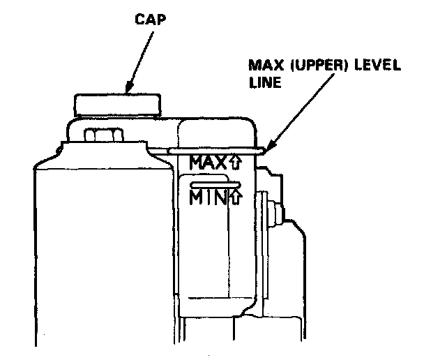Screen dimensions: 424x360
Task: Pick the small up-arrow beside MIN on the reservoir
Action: click(x=235, y=199)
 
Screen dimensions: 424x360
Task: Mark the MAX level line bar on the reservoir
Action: click(x=216, y=149)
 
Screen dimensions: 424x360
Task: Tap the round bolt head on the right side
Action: click(x=277, y=210)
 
